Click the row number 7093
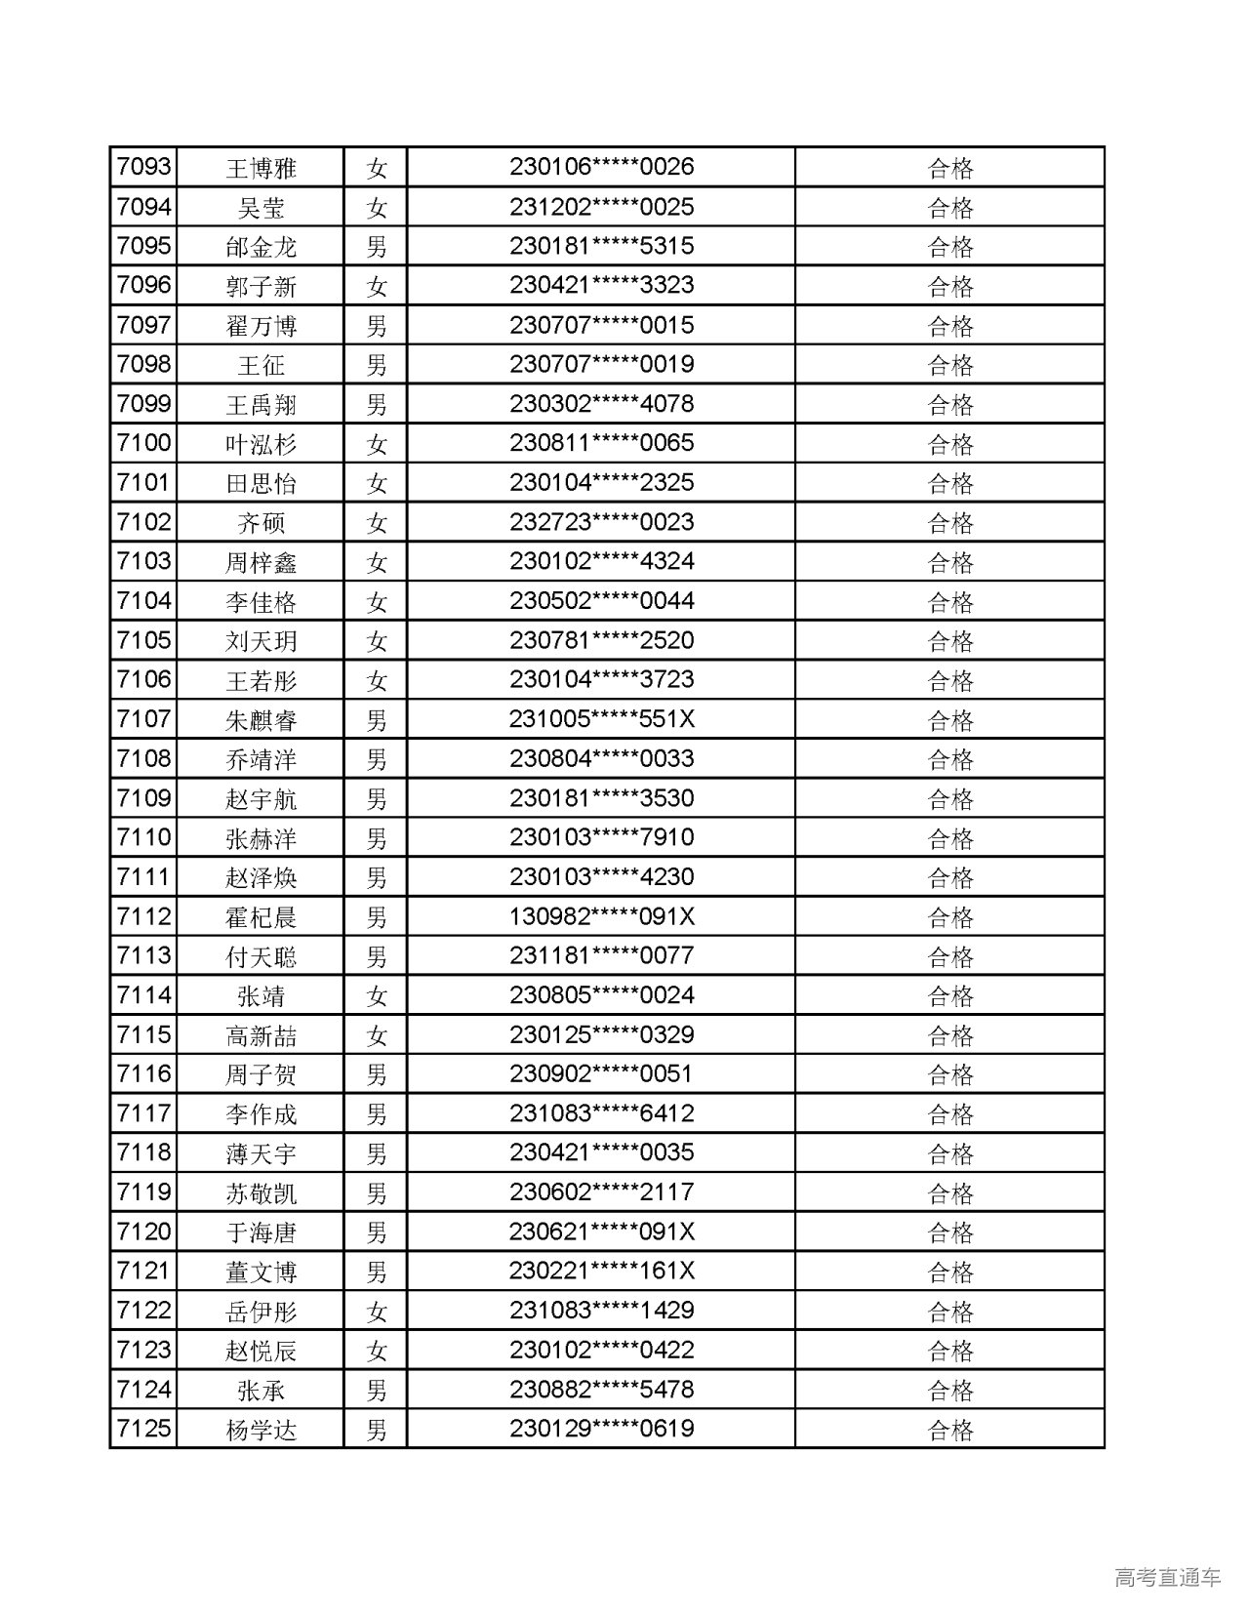143,167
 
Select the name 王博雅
261,168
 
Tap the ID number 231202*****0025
601,207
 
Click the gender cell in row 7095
377,246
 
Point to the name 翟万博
261,326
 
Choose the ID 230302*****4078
601,404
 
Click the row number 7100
143,443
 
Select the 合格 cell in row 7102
949,523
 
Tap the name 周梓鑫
261,562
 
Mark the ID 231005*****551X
601,719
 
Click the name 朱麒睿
261,720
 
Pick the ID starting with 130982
601,916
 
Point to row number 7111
143,877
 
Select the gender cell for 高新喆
377,1035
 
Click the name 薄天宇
261,1153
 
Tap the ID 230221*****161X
601,1272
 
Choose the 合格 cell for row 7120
949,1232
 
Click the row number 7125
143,1429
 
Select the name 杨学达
261,1430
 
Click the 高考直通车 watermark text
1167,1577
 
